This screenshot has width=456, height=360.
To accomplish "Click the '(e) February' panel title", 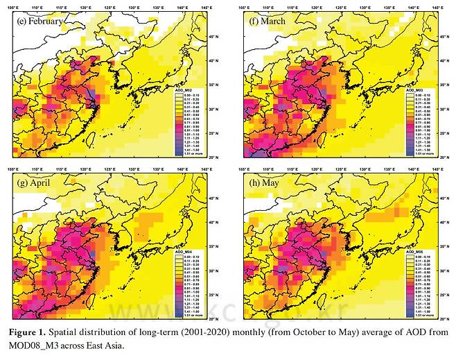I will [x=40, y=21].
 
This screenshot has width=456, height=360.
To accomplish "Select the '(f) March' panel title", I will [x=268, y=21].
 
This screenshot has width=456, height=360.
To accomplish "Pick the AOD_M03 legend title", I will [x=415, y=90].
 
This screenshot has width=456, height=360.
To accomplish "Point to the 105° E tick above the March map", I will [x=245, y=8].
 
